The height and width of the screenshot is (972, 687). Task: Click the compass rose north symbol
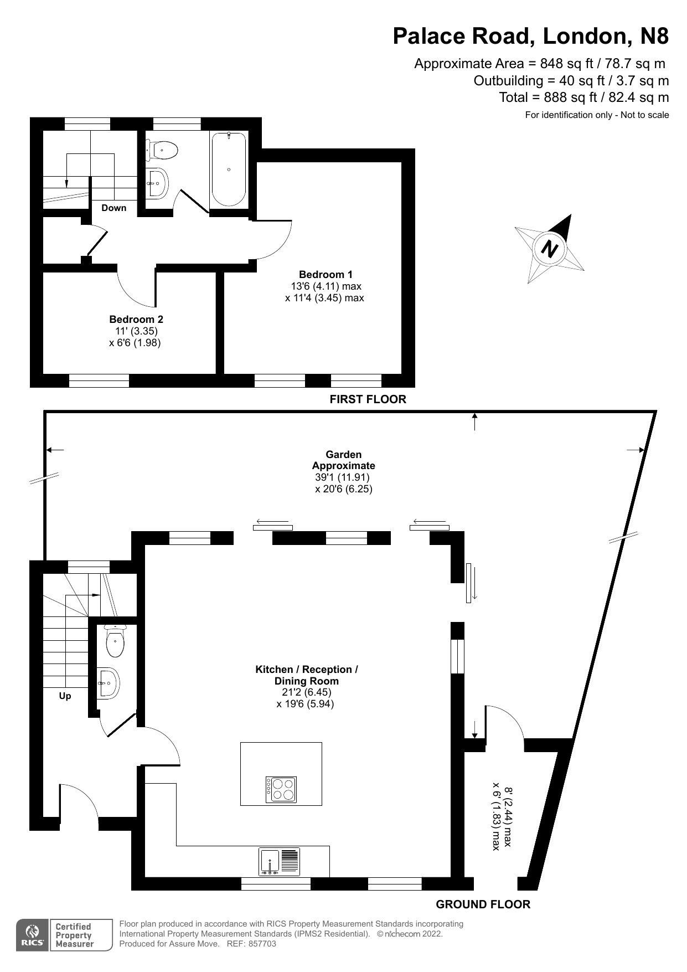(550, 249)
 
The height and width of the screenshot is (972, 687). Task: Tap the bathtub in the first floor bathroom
(229, 169)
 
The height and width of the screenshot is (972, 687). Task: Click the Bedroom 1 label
(326, 274)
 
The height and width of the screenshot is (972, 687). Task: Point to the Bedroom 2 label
(136, 320)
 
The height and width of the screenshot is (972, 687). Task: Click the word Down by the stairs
(113, 208)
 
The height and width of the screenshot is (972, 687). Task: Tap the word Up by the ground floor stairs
(65, 696)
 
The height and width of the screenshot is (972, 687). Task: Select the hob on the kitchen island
(281, 789)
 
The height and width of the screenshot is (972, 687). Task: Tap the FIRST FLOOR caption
(368, 399)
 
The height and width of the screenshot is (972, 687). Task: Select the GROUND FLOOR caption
(483, 904)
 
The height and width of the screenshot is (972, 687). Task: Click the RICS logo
(32, 935)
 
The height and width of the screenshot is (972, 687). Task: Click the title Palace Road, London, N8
(530, 36)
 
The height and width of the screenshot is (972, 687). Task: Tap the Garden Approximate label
(343, 460)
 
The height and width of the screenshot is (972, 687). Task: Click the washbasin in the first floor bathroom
(157, 182)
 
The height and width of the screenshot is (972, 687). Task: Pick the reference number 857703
(262, 944)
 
